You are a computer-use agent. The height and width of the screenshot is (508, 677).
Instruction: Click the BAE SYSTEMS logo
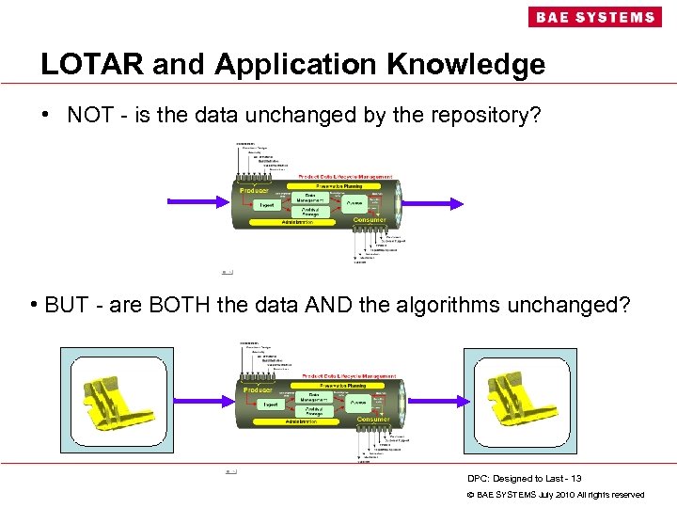[593, 17]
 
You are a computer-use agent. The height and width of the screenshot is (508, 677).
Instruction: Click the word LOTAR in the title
[91, 64]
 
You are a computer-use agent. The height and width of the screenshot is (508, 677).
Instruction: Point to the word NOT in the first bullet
[89, 115]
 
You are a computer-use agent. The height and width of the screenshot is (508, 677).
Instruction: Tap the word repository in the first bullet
[461, 115]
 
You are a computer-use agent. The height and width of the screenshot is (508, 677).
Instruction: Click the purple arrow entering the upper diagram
[198, 201]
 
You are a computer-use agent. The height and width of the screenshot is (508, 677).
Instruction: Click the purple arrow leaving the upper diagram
[433, 201]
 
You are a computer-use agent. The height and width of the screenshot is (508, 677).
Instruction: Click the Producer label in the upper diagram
[254, 190]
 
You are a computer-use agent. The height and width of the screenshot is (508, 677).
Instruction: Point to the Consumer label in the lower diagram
[370, 420]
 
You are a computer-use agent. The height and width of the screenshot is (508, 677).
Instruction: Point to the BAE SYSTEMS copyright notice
[556, 494]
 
